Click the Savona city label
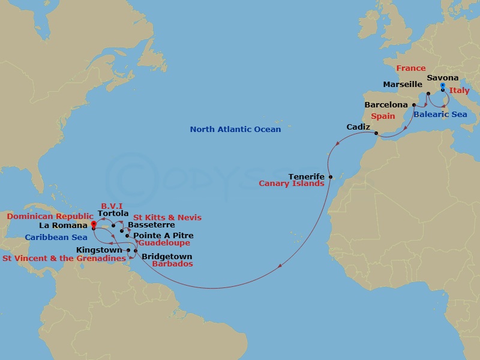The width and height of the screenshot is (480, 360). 443,78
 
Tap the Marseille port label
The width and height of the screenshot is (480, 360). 403,85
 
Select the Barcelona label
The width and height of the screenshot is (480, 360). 386,105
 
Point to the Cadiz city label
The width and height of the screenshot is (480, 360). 358,127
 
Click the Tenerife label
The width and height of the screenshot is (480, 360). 306,176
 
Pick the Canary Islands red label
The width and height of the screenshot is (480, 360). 292,184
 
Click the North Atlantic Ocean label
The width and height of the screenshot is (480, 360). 235,130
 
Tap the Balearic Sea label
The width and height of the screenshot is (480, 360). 440,114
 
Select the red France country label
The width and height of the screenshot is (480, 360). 410,68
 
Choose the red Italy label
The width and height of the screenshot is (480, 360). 460,91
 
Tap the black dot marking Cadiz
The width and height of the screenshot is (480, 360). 376,133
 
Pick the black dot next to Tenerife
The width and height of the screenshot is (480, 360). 330,177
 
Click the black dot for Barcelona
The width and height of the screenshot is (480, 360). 414,105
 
